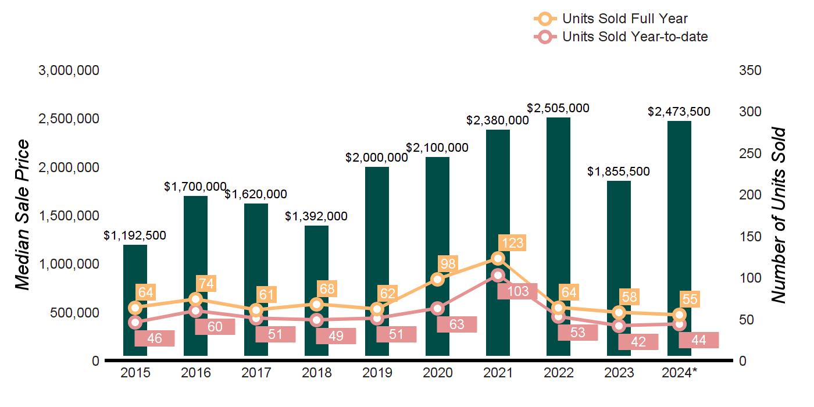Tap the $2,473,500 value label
[x=679, y=112]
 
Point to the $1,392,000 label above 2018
[x=316, y=216]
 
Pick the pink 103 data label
[x=517, y=291]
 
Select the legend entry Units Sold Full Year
[x=624, y=19]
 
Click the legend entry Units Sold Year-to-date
[x=634, y=37]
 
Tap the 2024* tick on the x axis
[x=679, y=373]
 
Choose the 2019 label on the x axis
[x=377, y=373]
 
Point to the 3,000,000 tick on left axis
[x=69, y=70]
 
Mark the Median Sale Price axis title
[x=22, y=215]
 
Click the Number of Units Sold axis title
[x=778, y=215]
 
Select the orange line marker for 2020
[x=437, y=280]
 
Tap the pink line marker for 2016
[x=195, y=311]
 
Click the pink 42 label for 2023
[x=638, y=342]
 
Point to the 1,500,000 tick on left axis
[x=69, y=216]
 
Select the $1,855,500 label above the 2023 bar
[x=619, y=172]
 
